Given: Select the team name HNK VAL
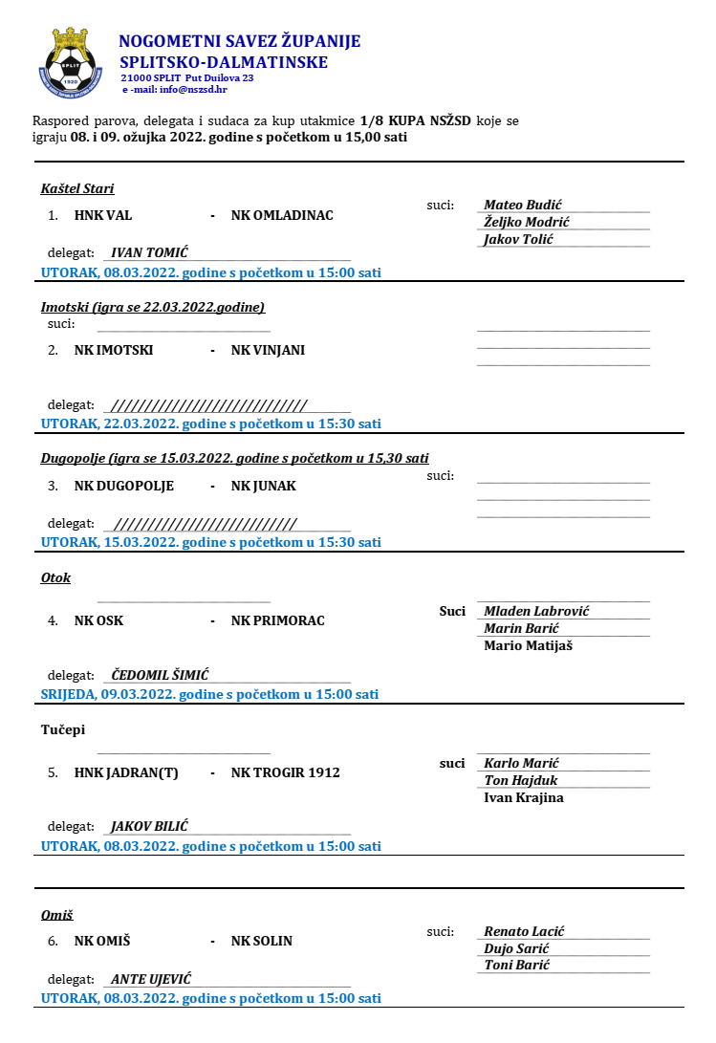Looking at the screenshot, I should [103, 215].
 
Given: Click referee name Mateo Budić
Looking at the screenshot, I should [522, 205].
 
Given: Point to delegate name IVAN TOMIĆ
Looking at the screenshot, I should [149, 252].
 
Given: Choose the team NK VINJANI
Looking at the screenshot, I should [268, 350].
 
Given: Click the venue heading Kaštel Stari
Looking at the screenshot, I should [77, 188].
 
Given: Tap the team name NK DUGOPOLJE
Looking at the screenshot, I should [124, 486].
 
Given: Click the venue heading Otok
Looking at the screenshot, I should [55, 577].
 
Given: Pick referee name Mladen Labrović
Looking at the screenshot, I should [536, 611].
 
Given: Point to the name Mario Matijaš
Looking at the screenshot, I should [529, 645].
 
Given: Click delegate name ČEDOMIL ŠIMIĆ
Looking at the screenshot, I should [160, 675].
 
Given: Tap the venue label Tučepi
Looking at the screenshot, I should [63, 729].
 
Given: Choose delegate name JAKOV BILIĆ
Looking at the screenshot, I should [149, 826].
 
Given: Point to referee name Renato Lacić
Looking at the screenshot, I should [524, 931].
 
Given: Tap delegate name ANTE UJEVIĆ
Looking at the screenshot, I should [151, 979].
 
